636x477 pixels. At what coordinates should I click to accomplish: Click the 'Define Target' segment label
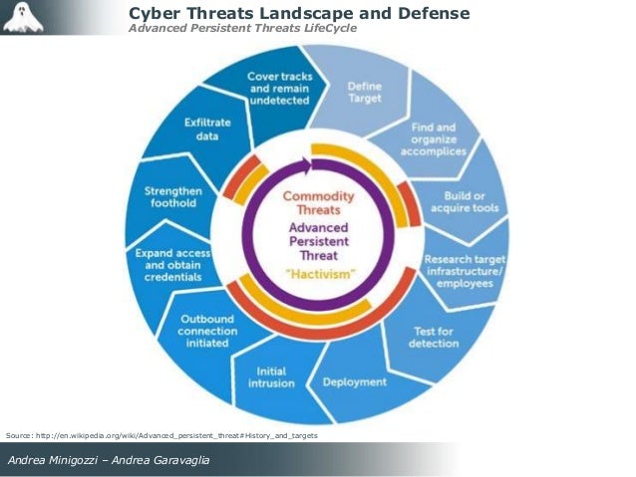tap(364, 94)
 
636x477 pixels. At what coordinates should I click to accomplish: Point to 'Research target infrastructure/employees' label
tap(465, 271)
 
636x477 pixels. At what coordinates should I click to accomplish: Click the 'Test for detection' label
tap(434, 338)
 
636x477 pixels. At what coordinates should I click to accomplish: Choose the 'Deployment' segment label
tap(354, 380)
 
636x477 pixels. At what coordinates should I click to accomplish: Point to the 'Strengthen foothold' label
tap(172, 196)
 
